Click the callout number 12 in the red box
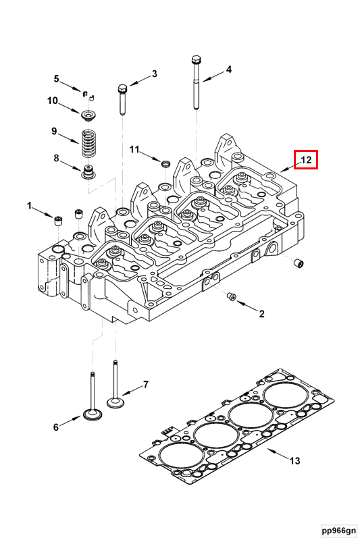305,160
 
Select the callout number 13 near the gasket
294,462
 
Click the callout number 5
57,79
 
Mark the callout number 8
57,159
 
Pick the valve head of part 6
91,414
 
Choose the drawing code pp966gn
338,531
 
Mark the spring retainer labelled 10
88,110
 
